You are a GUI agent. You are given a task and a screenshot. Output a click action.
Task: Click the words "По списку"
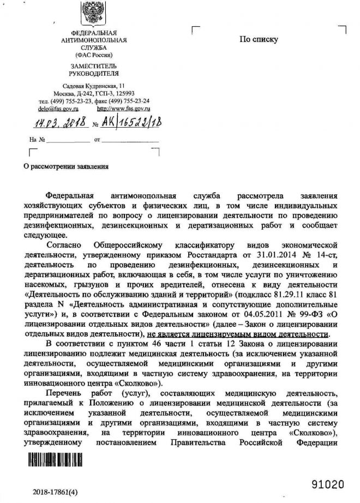259,39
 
